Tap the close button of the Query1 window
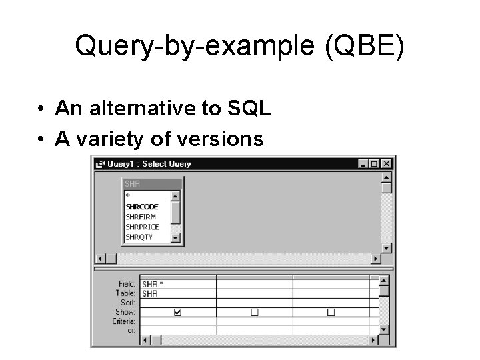(x=386, y=164)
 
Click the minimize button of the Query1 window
(x=363, y=164)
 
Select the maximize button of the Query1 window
(x=374, y=164)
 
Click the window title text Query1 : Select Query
(x=148, y=164)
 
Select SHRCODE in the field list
(x=141, y=207)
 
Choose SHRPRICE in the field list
(x=142, y=227)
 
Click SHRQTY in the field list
(x=139, y=237)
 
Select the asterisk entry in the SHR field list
(x=127, y=197)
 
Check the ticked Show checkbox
(x=178, y=311)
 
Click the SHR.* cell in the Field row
(x=153, y=284)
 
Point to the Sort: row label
(x=128, y=302)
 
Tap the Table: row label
(x=126, y=293)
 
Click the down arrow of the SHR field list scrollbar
(x=175, y=237)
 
